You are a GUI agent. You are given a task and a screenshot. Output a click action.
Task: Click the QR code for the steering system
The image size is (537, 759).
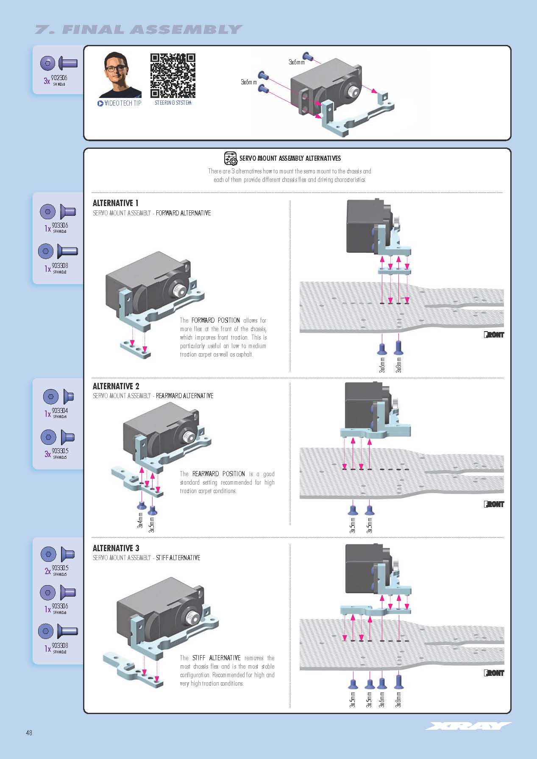pyautogui.click(x=173, y=75)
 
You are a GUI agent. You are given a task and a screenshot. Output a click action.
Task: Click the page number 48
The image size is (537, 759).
pyautogui.click(x=29, y=732)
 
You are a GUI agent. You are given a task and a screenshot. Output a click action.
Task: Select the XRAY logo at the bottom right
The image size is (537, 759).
pyautogui.click(x=468, y=726)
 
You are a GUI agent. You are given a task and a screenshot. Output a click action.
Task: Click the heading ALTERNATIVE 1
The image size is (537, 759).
pyautogui.click(x=115, y=203)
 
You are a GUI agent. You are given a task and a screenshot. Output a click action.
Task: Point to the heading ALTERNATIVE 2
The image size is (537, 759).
pyautogui.click(x=116, y=386)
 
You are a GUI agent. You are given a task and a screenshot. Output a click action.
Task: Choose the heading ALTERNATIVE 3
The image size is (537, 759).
pyautogui.click(x=116, y=548)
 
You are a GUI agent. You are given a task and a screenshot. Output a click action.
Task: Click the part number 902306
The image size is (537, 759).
pyautogui.click(x=59, y=78)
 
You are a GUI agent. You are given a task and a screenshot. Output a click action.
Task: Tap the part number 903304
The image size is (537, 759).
pyautogui.click(x=60, y=410)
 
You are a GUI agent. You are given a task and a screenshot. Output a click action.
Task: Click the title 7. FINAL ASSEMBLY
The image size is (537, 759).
pyautogui.click(x=138, y=30)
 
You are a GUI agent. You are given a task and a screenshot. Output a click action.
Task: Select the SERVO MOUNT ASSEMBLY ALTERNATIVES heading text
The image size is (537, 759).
pyautogui.click(x=290, y=158)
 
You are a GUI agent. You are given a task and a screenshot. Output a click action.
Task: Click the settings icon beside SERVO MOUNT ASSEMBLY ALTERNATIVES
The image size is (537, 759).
pyautogui.click(x=231, y=158)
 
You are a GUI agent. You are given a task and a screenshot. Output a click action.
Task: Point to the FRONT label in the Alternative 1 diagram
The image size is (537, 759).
pyautogui.click(x=494, y=335)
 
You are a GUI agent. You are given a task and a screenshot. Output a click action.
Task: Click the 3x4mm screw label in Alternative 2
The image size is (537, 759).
pyautogui.click(x=140, y=520)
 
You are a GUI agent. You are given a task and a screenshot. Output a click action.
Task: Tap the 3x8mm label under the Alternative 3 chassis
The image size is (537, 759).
pyautogui.click(x=398, y=699)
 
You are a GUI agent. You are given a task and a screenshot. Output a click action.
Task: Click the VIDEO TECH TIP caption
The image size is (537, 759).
pyautogui.click(x=120, y=103)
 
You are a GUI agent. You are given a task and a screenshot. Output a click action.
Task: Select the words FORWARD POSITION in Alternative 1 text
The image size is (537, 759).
pyautogui.click(x=215, y=320)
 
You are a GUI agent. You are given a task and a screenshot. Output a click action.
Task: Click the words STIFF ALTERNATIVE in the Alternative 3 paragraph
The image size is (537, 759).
pyautogui.click(x=216, y=658)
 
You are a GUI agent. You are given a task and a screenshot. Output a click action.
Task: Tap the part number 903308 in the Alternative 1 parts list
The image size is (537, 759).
pyautogui.click(x=60, y=265)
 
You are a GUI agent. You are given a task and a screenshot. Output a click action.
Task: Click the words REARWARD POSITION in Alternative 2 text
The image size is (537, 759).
pyautogui.click(x=218, y=474)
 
